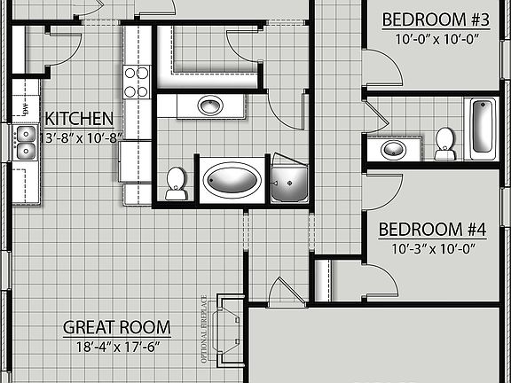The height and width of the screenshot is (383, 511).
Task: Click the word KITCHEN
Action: coord(79,119)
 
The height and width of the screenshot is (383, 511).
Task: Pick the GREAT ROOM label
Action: coord(116,327)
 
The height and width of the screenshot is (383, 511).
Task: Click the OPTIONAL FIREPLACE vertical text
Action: coord(203,329)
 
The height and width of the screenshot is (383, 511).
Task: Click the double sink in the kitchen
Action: coord(23,145)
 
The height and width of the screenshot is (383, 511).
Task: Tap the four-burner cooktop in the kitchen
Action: coord(135,82)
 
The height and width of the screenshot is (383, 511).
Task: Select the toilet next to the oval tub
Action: coord(176,183)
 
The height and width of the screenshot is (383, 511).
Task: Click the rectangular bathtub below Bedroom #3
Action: coord(483,126)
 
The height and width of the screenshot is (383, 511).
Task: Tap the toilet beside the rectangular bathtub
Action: coord(444,143)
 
